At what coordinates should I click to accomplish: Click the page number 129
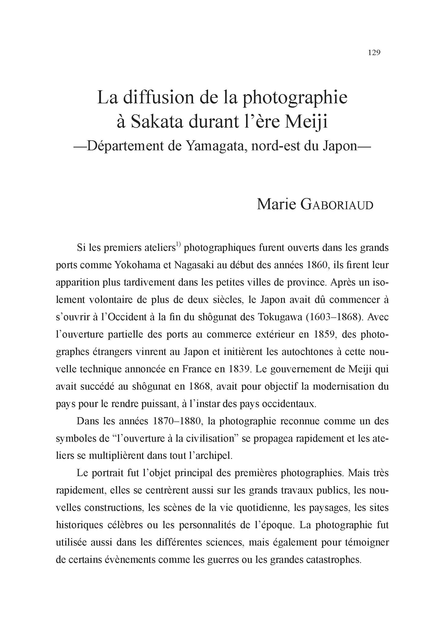click(x=374, y=53)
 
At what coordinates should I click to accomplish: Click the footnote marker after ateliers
click(x=178, y=244)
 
